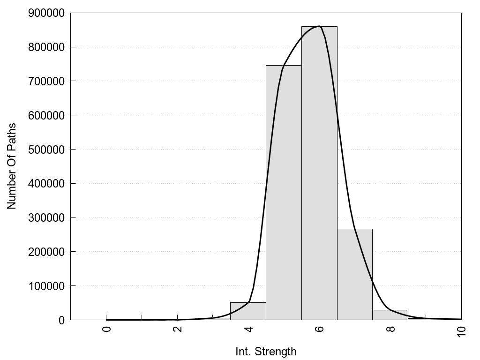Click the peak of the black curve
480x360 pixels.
[319, 26]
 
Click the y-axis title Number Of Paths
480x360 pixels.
[12, 166]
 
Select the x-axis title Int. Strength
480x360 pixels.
[266, 352]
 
